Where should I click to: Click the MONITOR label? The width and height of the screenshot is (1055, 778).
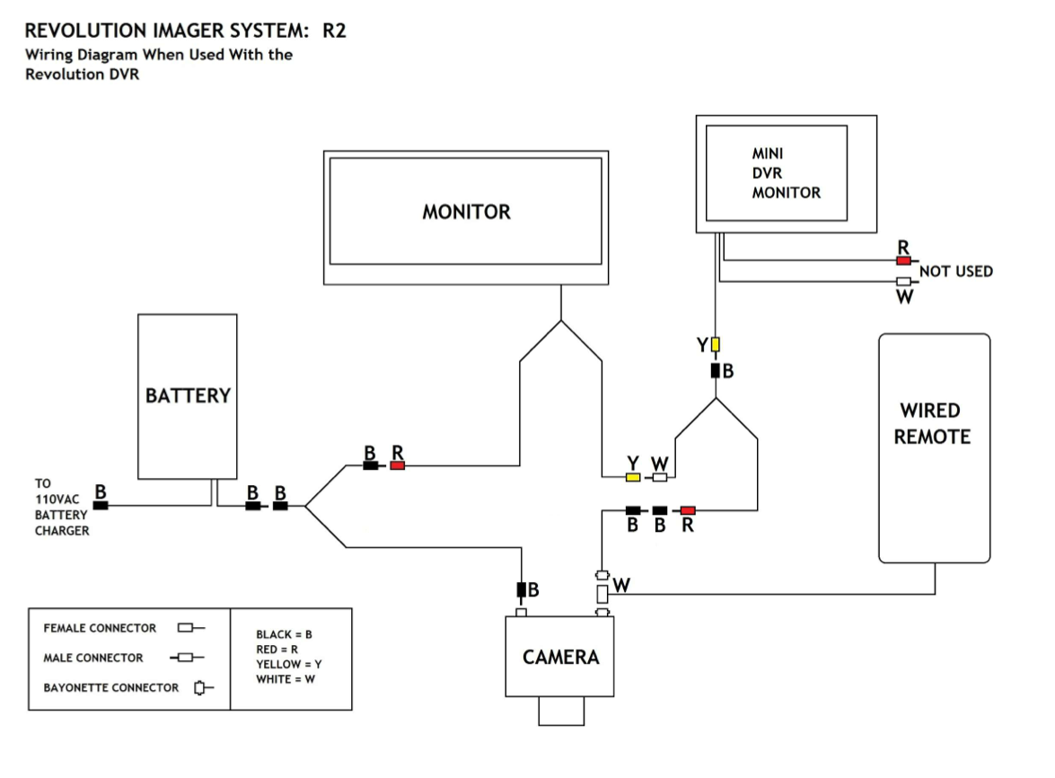(466, 212)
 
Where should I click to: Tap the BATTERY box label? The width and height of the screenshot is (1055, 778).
(188, 395)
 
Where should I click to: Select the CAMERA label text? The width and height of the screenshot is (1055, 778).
(560, 657)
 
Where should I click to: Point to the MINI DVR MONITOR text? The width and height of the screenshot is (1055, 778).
(786, 173)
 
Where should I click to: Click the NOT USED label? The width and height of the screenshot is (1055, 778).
(956, 271)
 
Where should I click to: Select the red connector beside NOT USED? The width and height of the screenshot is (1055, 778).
(903, 261)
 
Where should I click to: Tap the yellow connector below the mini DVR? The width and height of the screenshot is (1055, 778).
(716, 344)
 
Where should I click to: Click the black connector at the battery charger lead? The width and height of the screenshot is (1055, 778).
(101, 505)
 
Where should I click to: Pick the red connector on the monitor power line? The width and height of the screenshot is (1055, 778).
(398, 465)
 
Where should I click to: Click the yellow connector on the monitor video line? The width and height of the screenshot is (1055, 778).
(633, 476)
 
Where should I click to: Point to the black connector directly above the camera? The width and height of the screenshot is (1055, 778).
(521, 590)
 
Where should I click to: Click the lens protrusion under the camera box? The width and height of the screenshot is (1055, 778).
(561, 711)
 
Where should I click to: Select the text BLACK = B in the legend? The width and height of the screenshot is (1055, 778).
(284, 634)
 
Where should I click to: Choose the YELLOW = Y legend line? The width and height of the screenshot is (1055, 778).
(289, 664)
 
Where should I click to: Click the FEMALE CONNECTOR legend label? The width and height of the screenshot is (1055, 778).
(100, 628)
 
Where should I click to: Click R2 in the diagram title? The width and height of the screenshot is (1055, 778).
(334, 31)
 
